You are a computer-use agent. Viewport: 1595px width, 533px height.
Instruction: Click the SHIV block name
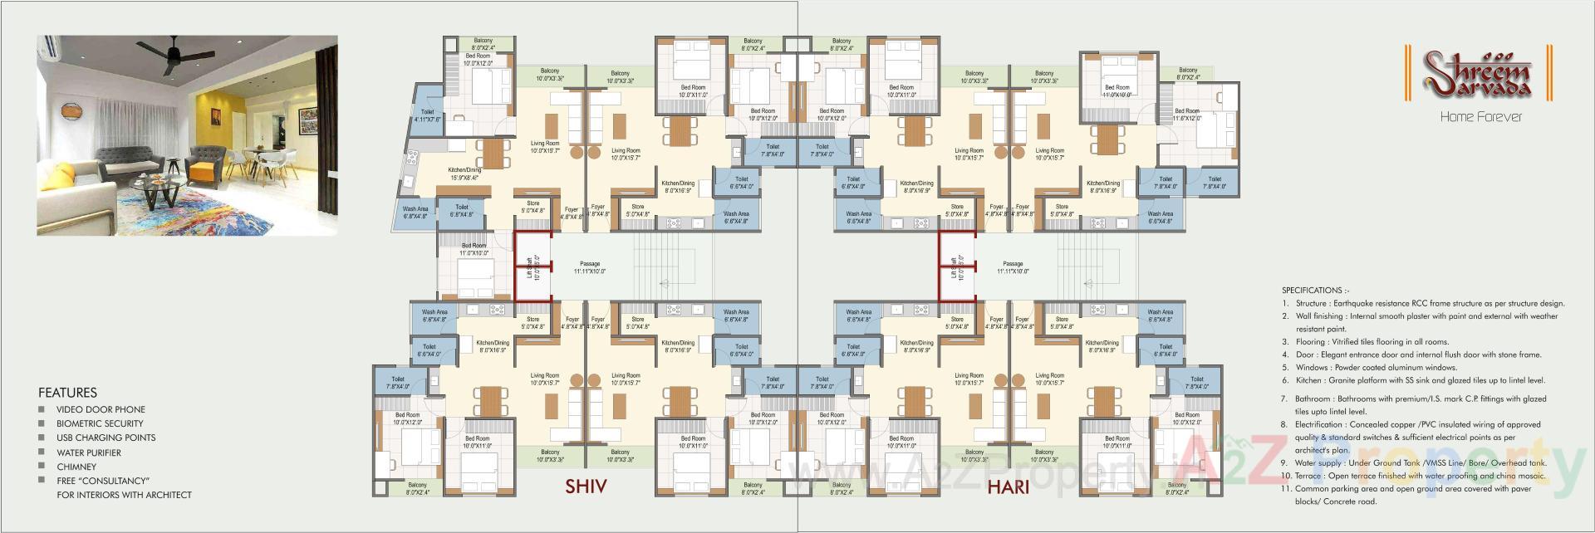coord(586,486)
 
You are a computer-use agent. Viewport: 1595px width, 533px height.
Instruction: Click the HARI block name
coord(1009,487)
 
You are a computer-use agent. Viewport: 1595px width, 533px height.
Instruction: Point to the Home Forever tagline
coord(1480,117)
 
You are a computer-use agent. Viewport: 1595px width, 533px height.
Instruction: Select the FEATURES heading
coord(67,393)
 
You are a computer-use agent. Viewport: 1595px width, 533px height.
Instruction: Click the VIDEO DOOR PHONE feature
coord(101,409)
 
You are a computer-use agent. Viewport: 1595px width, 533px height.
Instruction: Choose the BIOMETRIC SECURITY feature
coord(100,423)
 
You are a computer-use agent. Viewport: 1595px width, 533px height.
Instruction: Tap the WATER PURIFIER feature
coord(89,452)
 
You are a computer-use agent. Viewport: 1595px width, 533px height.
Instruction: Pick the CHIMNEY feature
coord(76,467)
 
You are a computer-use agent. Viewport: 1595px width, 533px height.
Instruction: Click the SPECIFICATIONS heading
coord(1315,291)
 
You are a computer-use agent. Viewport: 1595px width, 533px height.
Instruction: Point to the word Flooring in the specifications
coord(1311,342)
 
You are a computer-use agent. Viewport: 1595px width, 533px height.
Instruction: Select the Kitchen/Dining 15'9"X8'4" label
coord(464,174)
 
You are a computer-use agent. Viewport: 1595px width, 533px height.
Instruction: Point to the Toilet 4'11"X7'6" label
coord(427,115)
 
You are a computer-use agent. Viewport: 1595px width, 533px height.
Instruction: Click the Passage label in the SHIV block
coord(590,267)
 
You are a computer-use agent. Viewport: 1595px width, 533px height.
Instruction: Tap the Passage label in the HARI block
coord(1013,267)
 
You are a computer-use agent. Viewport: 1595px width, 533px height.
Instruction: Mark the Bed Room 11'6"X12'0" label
coord(1187,115)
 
